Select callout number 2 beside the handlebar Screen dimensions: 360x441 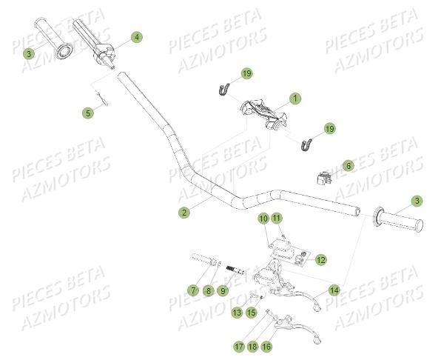pos(184,213)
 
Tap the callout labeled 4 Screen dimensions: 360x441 pos(137,36)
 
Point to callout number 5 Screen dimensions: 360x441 pos(87,113)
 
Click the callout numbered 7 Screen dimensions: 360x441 pos(192,291)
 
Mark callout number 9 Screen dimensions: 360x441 pos(223,291)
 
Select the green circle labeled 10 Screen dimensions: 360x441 pos(263,218)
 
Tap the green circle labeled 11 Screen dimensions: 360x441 pos(276,218)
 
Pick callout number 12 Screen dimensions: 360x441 pos(320,260)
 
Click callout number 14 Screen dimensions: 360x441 pos(334,290)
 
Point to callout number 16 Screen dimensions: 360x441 pos(266,346)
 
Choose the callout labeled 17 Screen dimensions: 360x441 pos(239,346)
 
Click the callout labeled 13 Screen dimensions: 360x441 pos(237,313)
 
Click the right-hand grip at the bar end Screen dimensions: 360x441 pos(400,221)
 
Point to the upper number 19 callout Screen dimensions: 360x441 pos(246,73)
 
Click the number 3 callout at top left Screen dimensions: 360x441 pos(28,53)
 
